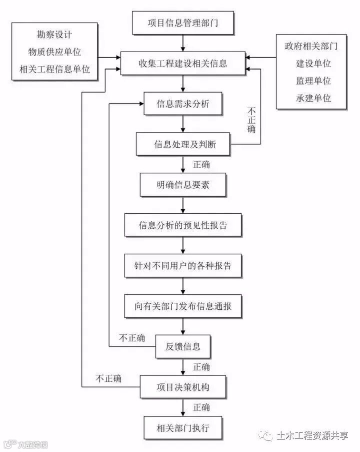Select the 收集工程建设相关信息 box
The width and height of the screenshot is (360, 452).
(183, 63)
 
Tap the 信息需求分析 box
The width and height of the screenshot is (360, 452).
(183, 104)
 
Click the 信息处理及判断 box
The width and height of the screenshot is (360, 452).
(183, 145)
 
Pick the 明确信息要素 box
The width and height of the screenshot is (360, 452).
(183, 185)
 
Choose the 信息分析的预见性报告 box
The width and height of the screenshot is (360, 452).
(183, 225)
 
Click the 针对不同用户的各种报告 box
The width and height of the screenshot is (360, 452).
(183, 265)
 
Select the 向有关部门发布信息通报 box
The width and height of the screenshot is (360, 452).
(183, 306)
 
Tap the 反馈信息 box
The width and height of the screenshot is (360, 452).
(183, 346)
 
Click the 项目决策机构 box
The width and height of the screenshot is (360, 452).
(183, 387)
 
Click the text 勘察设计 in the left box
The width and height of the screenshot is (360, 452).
(54, 35)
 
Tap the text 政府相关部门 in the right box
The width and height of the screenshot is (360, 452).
(311, 47)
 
